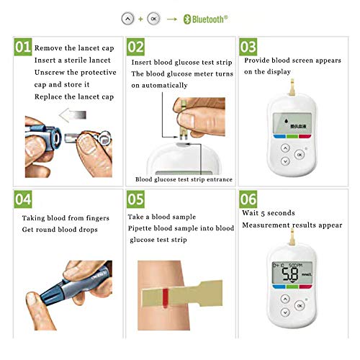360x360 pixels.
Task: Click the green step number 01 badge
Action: pos(22,48)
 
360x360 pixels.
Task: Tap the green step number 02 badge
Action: pos(135,48)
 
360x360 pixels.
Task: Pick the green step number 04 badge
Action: pos(22,197)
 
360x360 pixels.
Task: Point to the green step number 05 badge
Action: pos(135,197)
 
